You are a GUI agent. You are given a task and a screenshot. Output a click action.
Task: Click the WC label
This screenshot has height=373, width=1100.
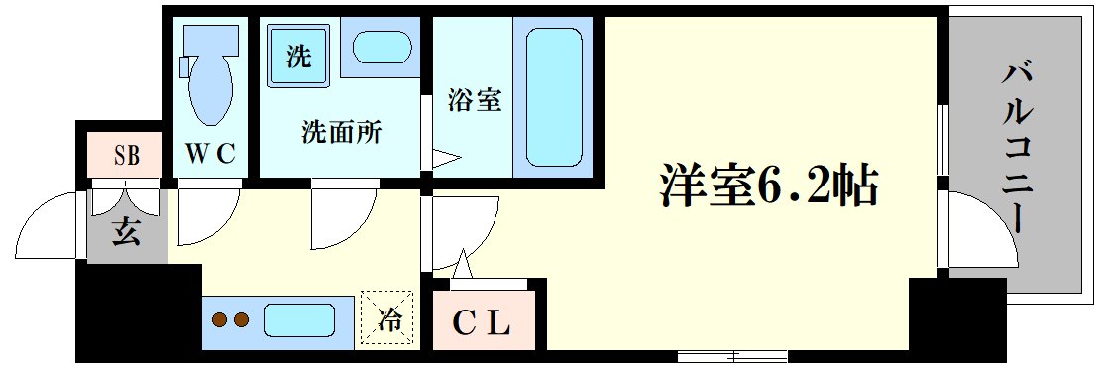tap(210, 155)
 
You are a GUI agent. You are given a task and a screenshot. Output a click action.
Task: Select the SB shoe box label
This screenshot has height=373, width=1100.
tap(126, 156)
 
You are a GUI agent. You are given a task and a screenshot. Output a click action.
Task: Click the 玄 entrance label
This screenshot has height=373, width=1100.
tap(125, 234)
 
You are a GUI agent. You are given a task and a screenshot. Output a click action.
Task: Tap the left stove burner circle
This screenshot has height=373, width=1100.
tap(220, 320)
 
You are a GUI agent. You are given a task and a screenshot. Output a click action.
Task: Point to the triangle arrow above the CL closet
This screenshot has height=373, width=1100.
tap(461, 264)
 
